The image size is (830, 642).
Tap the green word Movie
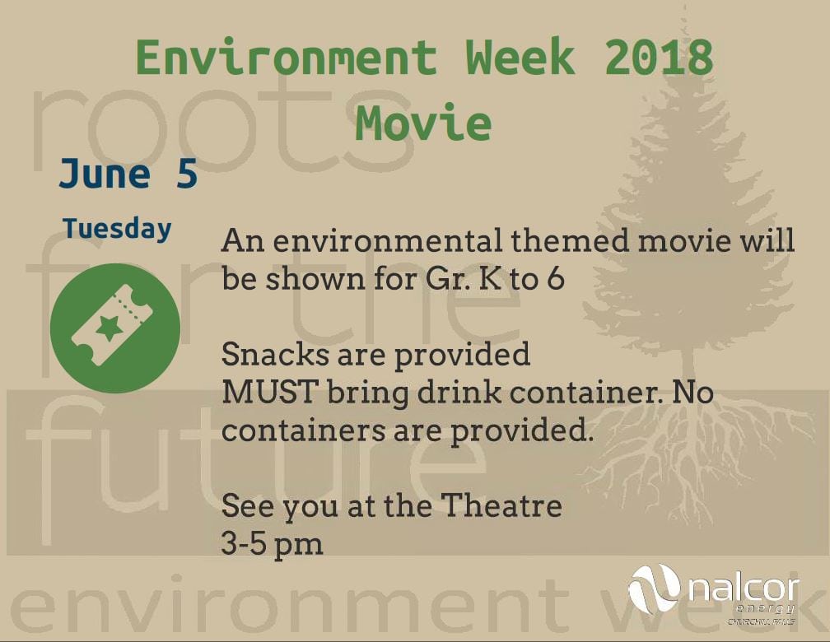423,123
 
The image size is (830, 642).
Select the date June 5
128,174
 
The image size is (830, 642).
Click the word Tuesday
117,229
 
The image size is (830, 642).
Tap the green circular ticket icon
115,328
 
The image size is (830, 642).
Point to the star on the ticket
110,328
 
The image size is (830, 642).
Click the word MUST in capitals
270,392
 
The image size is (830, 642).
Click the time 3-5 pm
272,543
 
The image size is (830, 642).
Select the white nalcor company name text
744,589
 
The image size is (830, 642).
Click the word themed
570,241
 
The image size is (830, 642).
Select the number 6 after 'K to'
555,279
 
